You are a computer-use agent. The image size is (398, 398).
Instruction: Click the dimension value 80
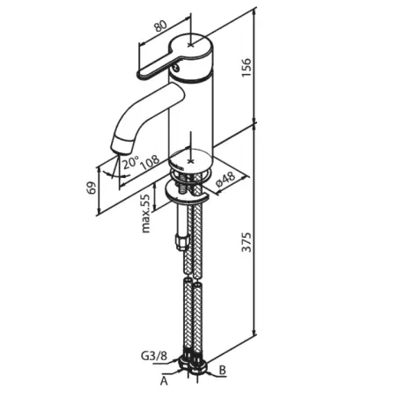[161, 26]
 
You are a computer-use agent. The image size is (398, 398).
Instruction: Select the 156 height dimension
[247, 68]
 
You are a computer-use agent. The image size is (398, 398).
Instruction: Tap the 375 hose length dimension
[247, 242]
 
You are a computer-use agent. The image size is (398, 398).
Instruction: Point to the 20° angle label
[130, 162]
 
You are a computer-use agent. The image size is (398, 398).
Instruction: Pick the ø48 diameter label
[225, 180]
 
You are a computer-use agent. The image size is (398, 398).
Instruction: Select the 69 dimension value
[92, 188]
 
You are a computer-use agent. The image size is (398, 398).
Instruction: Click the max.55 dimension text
[146, 213]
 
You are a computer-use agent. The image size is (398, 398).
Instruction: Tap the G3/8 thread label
[154, 356]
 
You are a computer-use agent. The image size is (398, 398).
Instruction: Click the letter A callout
[164, 381]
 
